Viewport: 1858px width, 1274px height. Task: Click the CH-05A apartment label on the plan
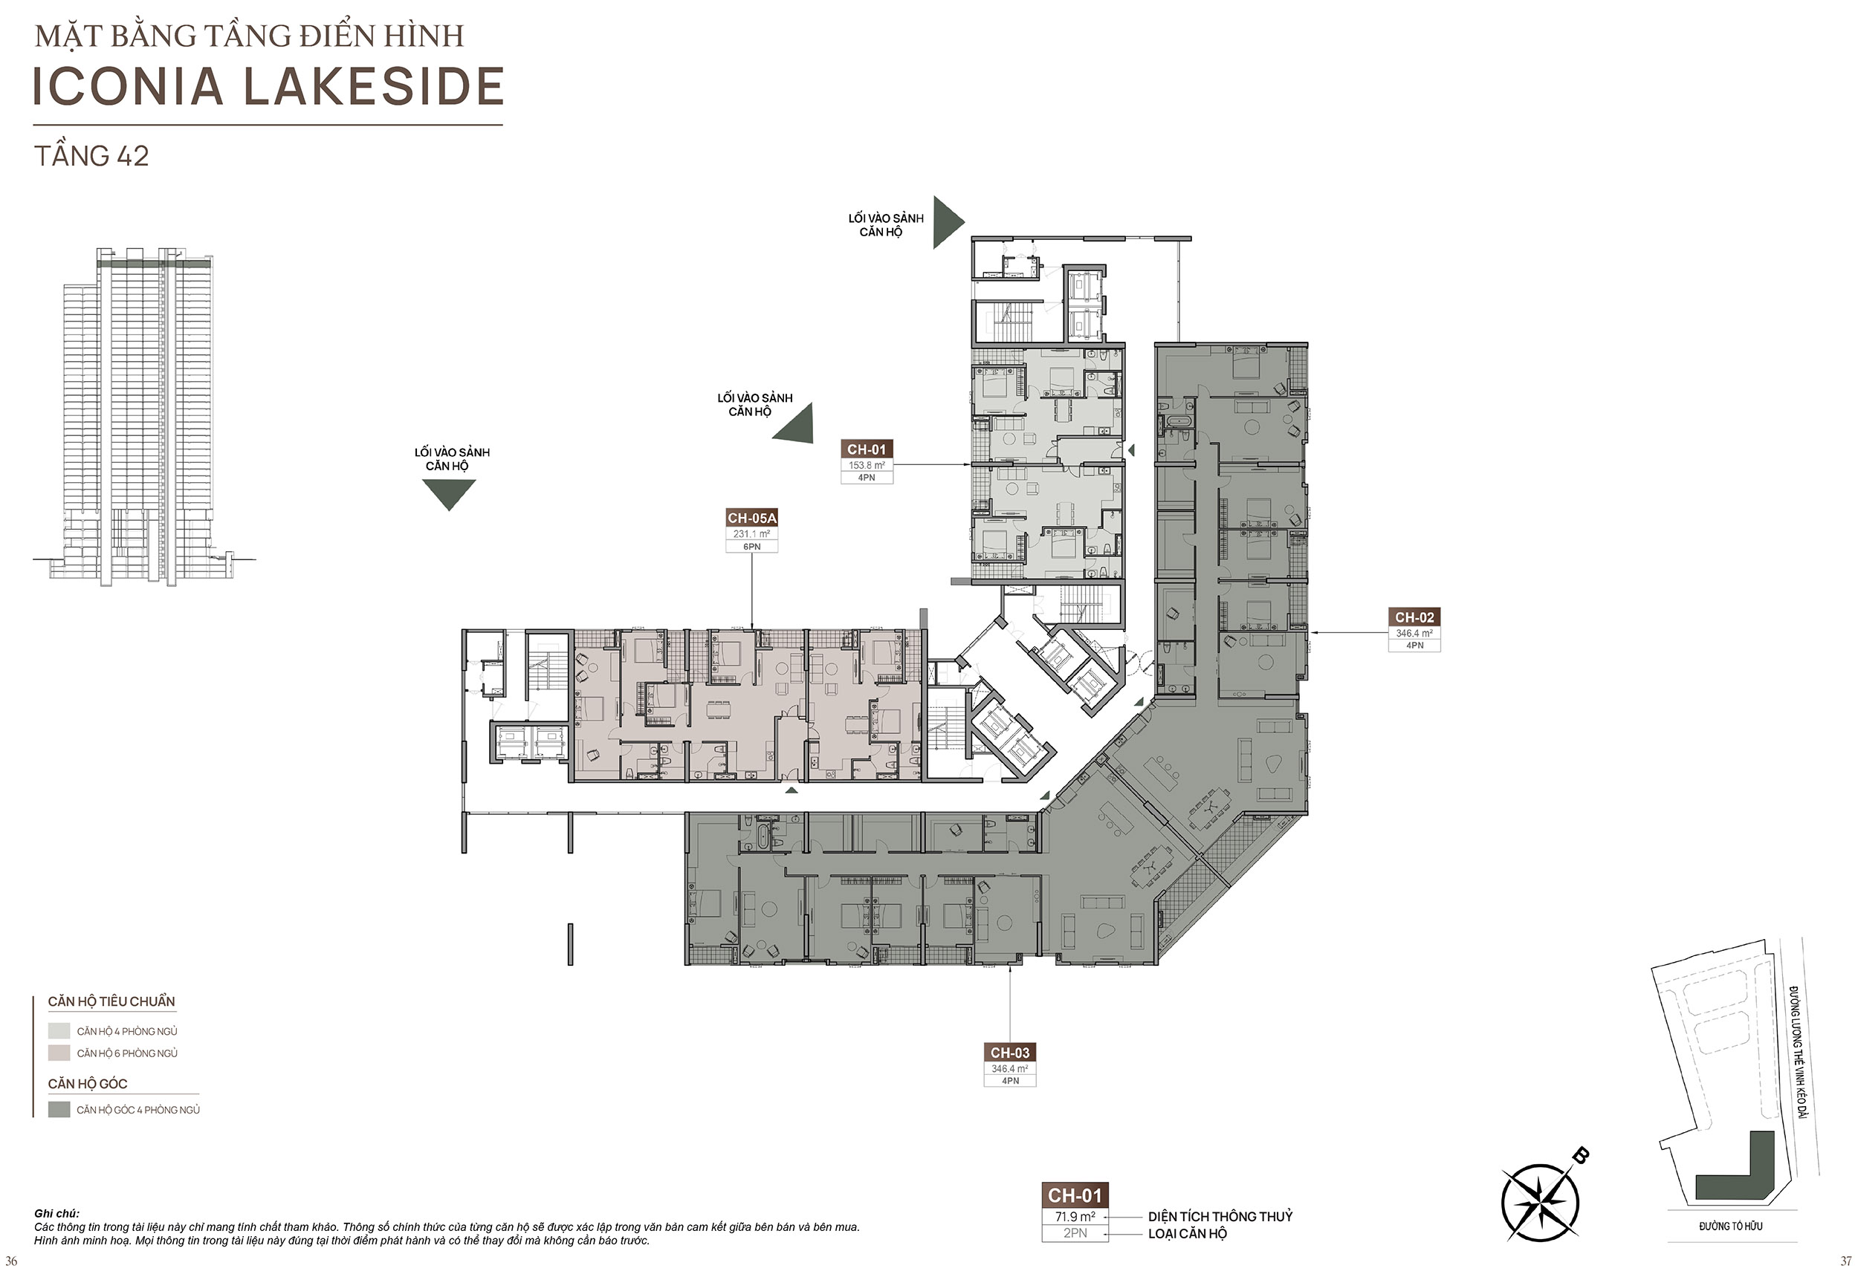click(751, 518)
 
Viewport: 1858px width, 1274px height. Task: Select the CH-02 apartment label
click(1414, 617)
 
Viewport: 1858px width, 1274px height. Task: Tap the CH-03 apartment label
click(1010, 1053)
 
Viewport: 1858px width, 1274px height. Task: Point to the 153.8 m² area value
click(867, 465)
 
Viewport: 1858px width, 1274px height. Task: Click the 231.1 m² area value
click(751, 534)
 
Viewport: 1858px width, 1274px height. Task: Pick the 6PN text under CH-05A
click(751, 547)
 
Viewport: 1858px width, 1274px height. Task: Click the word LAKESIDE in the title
click(373, 86)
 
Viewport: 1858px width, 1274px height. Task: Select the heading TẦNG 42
click(91, 156)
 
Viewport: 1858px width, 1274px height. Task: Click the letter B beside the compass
click(1580, 1156)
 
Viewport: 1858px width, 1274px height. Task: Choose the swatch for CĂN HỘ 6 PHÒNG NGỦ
click(59, 1053)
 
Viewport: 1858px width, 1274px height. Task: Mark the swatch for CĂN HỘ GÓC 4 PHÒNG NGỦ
click(59, 1109)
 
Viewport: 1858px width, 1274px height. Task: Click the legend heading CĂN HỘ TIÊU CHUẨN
click(111, 1001)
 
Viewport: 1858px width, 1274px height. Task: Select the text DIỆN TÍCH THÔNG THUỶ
click(1220, 1217)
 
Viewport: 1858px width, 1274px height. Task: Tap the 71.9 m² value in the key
click(1075, 1217)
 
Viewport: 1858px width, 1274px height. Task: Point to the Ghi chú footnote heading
click(56, 1213)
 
